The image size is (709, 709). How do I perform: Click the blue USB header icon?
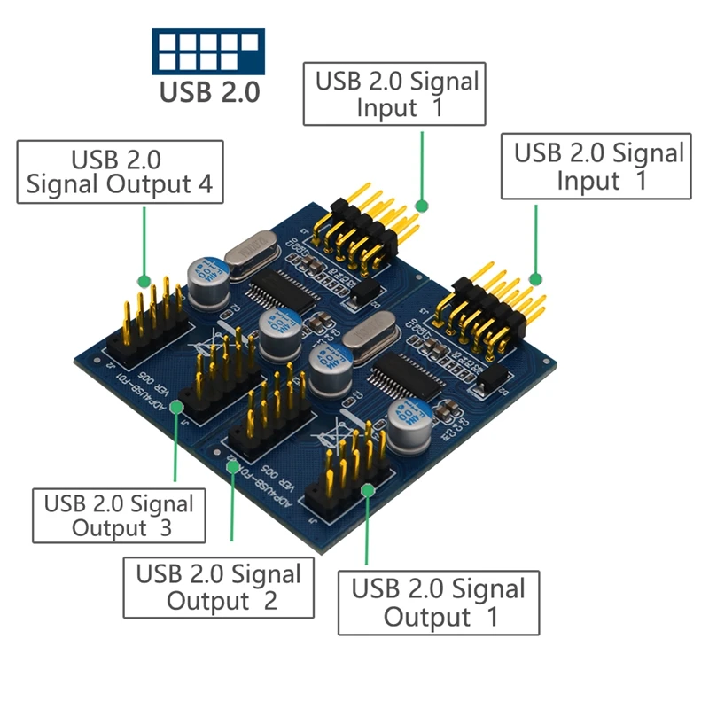click(208, 51)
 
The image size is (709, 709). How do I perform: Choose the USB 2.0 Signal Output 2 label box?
click(219, 587)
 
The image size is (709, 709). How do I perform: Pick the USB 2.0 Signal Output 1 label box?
click(439, 603)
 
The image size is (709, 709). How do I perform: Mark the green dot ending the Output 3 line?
click(175, 406)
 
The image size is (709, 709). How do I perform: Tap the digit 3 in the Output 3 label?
click(163, 528)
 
